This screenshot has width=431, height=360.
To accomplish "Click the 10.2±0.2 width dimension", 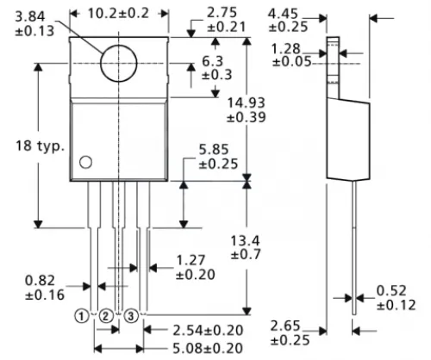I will click(120, 14).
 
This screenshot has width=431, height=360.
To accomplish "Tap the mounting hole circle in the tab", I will click(120, 63).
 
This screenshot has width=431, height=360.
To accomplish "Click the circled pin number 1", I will click(81, 316).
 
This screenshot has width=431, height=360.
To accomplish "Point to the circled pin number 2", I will click(105, 316).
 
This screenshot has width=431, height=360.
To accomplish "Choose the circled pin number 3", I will click(131, 316).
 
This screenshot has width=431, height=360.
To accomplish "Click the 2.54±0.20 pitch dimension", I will click(207, 330).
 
